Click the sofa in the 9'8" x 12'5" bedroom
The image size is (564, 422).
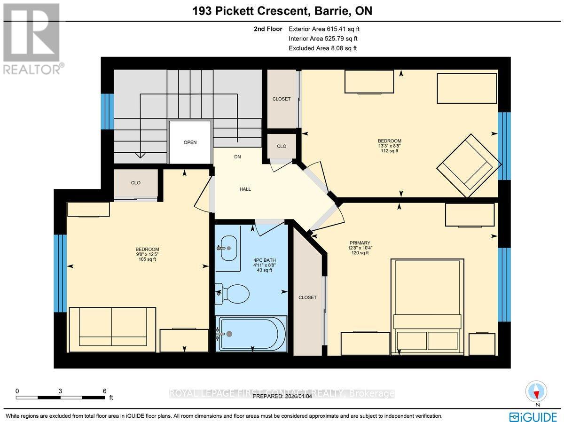(x=112, y=329)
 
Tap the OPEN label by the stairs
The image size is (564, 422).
(x=190, y=142)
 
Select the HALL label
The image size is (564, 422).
(x=245, y=189)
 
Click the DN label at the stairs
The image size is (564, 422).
(x=238, y=157)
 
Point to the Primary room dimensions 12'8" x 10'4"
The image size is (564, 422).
(x=360, y=248)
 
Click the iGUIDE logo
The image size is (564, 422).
(x=533, y=416)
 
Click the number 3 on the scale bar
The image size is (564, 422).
(x=61, y=391)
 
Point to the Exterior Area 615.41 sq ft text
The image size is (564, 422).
(x=324, y=29)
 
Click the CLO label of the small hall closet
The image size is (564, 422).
(x=282, y=146)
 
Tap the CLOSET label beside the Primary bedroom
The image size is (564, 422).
(x=307, y=297)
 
